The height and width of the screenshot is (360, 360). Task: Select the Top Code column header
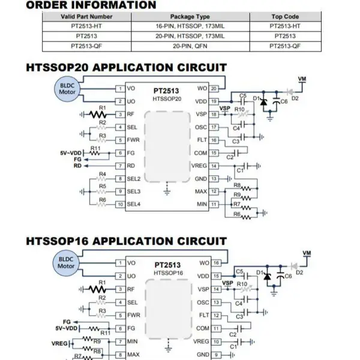tap(285, 17)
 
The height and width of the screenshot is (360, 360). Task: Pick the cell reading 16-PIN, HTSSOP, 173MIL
tap(190, 26)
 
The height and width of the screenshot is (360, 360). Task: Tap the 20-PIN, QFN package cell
tap(190, 46)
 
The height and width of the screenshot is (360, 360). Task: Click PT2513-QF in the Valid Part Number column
tap(86, 46)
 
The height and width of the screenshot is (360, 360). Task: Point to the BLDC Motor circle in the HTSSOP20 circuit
tap(67, 89)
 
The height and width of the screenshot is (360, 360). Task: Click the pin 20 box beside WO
tap(214, 89)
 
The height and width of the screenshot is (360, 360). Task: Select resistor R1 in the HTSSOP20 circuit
tap(98, 114)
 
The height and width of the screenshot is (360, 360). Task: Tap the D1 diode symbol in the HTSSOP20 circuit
tap(263, 102)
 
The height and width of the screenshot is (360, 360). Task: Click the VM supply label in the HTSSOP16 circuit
tap(307, 253)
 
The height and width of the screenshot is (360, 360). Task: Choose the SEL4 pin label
tap(134, 204)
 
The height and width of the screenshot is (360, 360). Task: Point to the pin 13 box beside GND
tap(214, 179)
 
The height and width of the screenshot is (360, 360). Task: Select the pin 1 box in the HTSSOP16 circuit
tap(120, 263)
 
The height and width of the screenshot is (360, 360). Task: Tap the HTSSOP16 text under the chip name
tap(168, 273)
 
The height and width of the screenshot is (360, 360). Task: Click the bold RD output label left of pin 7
tap(77, 166)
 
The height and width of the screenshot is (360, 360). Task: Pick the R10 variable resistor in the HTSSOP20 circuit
tap(243, 114)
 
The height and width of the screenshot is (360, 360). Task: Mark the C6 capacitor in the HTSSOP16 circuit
tap(280, 276)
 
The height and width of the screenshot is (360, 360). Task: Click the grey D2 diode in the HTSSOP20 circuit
tap(290, 92)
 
